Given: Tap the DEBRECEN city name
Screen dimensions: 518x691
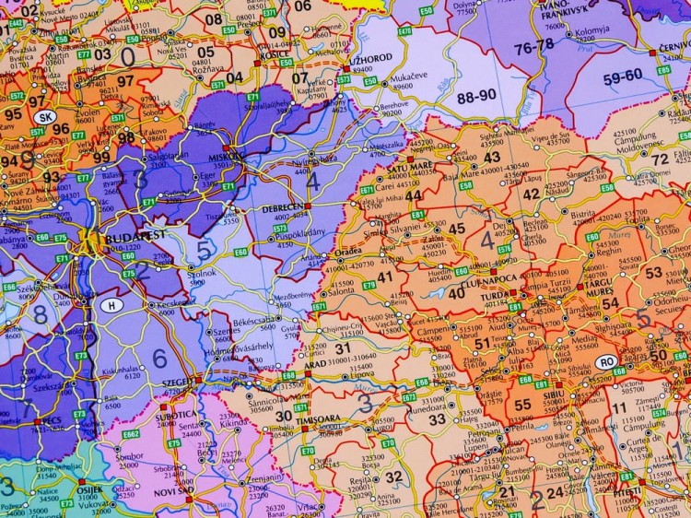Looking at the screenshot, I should [x=287, y=208].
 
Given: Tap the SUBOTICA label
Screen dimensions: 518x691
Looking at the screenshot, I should [x=182, y=414].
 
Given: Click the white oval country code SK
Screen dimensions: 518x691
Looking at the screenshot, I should [x=44, y=117].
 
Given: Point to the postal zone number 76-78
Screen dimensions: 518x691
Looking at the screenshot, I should [x=534, y=44].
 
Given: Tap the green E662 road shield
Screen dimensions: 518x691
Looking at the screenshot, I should [x=130, y=433].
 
